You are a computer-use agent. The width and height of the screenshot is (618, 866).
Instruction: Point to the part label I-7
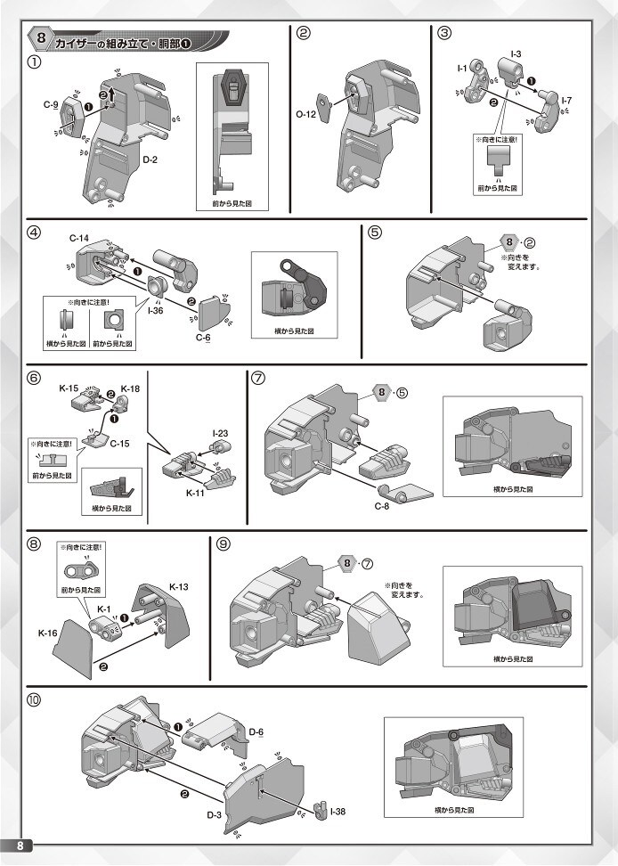click(567, 101)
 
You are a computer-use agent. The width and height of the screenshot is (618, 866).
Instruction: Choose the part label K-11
click(195, 492)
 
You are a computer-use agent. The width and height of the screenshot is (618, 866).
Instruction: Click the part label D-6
click(256, 732)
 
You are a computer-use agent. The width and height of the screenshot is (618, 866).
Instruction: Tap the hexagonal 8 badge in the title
click(41, 39)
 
